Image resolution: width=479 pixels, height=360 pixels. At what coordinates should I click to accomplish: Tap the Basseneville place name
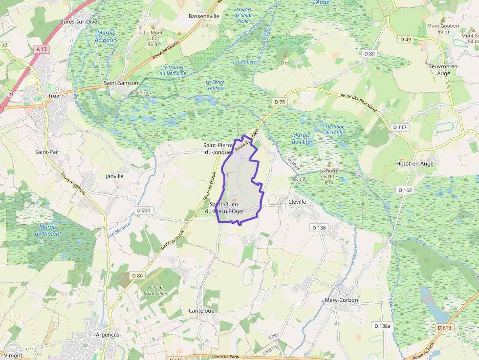click(x=204, y=16)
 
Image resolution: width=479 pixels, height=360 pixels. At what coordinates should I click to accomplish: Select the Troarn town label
click(x=56, y=96)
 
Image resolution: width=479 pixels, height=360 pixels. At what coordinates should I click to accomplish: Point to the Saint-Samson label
click(x=121, y=83)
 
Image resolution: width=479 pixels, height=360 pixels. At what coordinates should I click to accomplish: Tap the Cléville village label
click(x=297, y=201)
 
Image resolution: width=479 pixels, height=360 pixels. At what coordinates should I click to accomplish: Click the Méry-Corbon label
click(x=341, y=300)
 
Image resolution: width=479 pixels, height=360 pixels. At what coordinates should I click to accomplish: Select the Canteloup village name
click(x=201, y=311)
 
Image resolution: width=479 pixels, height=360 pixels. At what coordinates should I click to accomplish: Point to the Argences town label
click(x=108, y=335)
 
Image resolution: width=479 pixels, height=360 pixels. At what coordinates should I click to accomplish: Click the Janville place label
click(x=114, y=176)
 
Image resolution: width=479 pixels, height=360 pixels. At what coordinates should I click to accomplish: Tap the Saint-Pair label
click(x=47, y=152)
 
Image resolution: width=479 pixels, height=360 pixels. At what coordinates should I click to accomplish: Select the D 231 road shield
click(x=143, y=210)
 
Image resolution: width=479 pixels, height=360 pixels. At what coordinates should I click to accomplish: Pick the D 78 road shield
click(x=279, y=102)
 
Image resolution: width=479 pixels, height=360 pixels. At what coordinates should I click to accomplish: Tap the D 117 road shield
click(x=399, y=127)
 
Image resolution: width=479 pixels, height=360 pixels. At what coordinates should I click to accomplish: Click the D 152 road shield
click(x=405, y=190)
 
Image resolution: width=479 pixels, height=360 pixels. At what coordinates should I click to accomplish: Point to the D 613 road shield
click(x=444, y=328)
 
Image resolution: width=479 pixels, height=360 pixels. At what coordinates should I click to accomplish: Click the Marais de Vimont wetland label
click(x=48, y=230)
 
